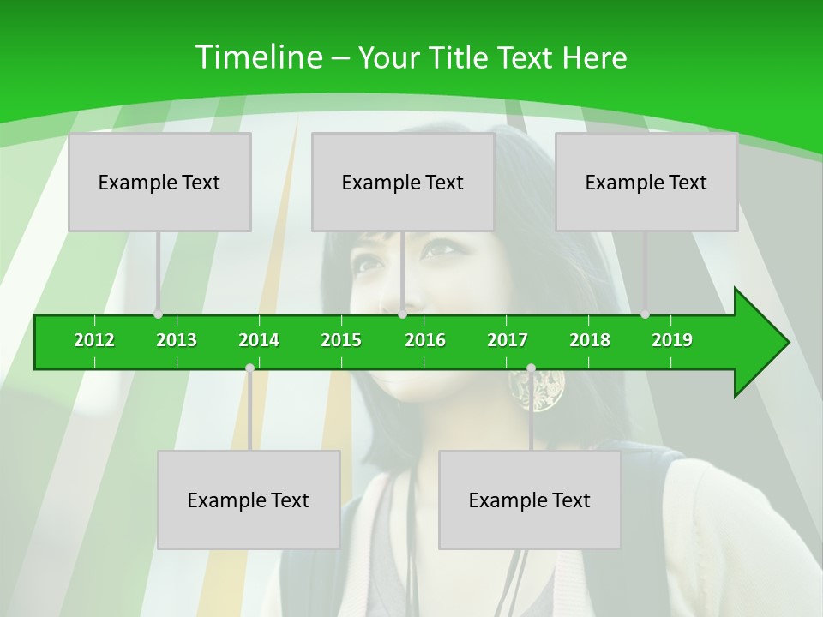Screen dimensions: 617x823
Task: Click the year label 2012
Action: pyautogui.click(x=94, y=340)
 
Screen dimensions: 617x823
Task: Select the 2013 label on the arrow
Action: pyautogui.click(x=177, y=340)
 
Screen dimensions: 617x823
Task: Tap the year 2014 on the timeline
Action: pyautogui.click(x=259, y=340)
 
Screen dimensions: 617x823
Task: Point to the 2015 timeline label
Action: pyautogui.click(x=341, y=340)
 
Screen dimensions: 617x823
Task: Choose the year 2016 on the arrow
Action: pyautogui.click(x=425, y=340)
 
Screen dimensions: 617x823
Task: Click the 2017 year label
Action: pyautogui.click(x=508, y=340)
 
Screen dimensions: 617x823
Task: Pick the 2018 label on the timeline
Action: pyautogui.click(x=590, y=340)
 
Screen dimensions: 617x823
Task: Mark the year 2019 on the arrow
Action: pyautogui.click(x=672, y=340)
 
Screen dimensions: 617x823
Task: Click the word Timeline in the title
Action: pyautogui.click(x=258, y=57)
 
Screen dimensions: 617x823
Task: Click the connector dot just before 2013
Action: pyautogui.click(x=158, y=314)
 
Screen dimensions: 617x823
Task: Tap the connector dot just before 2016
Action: pyautogui.click(x=402, y=314)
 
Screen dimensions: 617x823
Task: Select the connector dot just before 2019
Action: pyautogui.click(x=646, y=314)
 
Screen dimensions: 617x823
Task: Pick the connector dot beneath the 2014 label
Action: pyautogui.click(x=249, y=368)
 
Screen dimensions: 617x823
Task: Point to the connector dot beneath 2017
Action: pyautogui.click(x=531, y=368)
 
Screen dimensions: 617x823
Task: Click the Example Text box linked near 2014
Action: pyautogui.click(x=249, y=500)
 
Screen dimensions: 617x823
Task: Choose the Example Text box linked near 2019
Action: pyautogui.click(x=646, y=182)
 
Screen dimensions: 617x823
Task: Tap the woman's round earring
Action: pyautogui.click(x=537, y=390)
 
